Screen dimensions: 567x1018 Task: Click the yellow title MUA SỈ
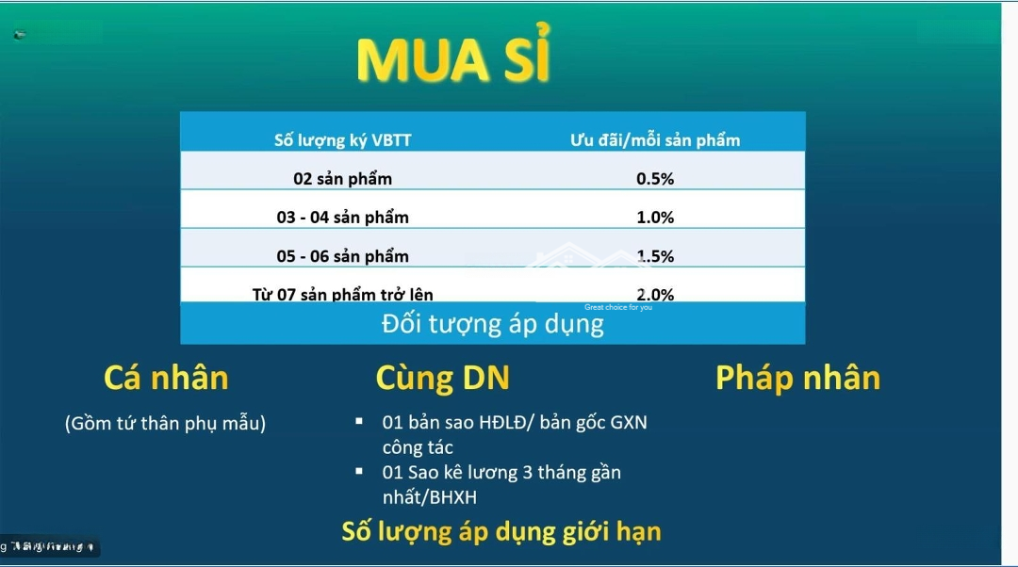coord(453,60)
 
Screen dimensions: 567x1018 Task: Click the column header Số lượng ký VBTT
coord(342,140)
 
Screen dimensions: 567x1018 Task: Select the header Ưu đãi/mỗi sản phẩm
coord(655,140)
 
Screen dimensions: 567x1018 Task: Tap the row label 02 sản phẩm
coord(342,179)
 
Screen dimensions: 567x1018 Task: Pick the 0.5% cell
coord(655,179)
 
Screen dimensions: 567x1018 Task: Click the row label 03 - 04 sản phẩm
coord(342,218)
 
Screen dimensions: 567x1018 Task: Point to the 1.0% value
coord(655,218)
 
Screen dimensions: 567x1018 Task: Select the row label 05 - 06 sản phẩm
coord(342,256)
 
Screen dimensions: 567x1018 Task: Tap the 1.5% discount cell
coord(655,256)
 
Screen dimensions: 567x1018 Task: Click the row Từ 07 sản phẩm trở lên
coord(342,294)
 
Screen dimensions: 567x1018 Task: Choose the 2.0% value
coord(655,294)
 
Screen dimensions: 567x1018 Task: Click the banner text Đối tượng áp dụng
coord(492,325)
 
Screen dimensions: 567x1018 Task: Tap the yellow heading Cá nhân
coord(166,378)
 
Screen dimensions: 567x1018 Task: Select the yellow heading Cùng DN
coord(442,378)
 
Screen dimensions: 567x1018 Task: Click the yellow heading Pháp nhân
coord(797,378)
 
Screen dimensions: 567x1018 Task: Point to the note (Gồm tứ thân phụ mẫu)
coord(165,423)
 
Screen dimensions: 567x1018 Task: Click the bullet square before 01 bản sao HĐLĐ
coord(359,420)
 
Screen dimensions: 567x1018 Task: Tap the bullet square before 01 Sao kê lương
coord(359,470)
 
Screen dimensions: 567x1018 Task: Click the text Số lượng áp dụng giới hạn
coord(501,531)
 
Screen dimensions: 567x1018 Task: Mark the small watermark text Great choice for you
coord(617,307)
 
